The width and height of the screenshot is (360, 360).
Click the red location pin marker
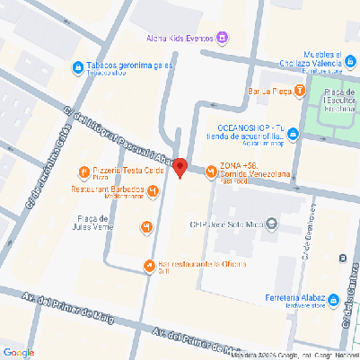(x=180, y=167)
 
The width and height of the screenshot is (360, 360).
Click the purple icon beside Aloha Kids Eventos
(x=223, y=38)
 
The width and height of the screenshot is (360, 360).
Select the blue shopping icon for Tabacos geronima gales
(x=79, y=66)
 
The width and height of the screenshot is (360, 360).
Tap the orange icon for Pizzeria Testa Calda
(x=83, y=171)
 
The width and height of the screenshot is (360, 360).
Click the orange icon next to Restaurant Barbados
(x=154, y=190)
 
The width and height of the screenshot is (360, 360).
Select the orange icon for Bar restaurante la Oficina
(x=149, y=264)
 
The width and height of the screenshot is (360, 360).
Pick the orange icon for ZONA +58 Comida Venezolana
(x=210, y=166)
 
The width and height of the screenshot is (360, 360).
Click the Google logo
(x=18, y=352)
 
